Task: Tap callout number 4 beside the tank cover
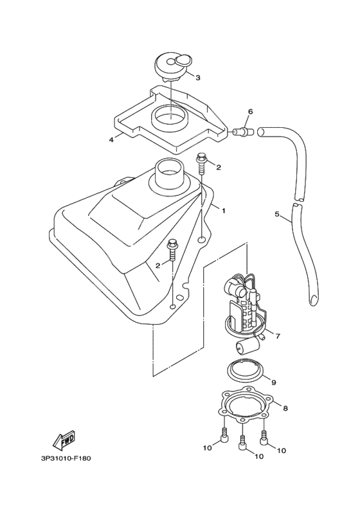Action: (111, 139)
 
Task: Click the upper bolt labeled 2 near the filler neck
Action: (203, 163)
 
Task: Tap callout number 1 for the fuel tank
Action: (224, 210)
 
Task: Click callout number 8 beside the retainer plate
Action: (285, 407)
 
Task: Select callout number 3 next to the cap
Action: (198, 78)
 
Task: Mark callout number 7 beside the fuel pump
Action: (278, 335)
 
